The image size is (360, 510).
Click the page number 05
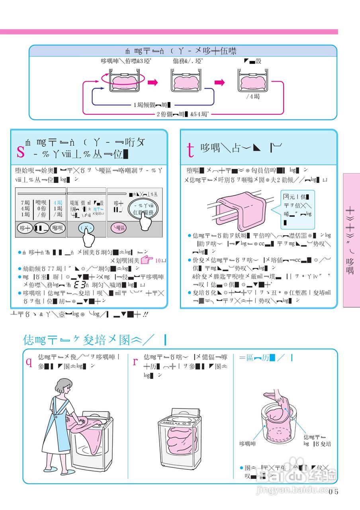point(333,491)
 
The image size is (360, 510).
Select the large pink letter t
point(191,149)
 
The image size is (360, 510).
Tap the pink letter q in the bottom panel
point(29,361)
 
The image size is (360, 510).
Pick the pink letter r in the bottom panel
point(135,361)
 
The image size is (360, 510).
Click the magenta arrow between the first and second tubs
point(153,82)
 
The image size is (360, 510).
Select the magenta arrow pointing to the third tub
point(219,82)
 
